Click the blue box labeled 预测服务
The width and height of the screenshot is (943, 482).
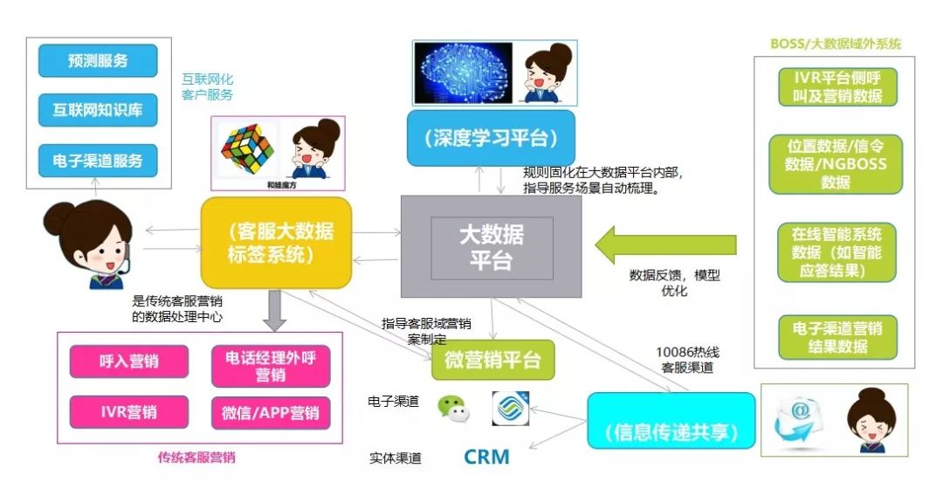click(98, 61)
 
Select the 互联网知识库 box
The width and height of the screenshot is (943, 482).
click(98, 111)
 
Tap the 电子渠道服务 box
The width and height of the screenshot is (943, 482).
click(98, 161)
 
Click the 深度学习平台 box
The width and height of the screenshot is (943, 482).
click(492, 138)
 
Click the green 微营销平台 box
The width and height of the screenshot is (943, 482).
click(492, 360)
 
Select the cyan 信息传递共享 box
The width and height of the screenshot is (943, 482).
click(670, 432)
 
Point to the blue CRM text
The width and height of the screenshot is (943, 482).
click(485, 457)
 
